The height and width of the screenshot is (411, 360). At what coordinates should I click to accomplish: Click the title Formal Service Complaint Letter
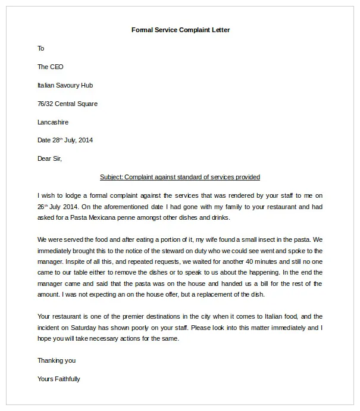point(180,30)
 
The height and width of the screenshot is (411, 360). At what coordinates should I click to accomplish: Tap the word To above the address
point(41,48)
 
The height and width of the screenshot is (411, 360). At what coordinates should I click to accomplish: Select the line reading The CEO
point(51,67)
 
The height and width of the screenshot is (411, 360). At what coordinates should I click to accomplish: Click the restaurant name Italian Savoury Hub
point(65,85)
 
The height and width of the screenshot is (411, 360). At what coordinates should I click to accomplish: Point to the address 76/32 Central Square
point(67,104)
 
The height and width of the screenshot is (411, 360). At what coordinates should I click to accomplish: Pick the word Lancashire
point(53,122)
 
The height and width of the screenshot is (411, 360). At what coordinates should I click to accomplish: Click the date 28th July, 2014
point(72,141)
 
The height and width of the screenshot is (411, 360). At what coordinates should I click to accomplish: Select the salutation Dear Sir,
point(49,158)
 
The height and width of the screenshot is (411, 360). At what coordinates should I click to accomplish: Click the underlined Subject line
point(180,177)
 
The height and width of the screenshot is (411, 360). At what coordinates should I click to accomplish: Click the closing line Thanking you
point(57,360)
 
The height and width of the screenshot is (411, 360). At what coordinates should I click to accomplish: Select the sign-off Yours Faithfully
point(58,379)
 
